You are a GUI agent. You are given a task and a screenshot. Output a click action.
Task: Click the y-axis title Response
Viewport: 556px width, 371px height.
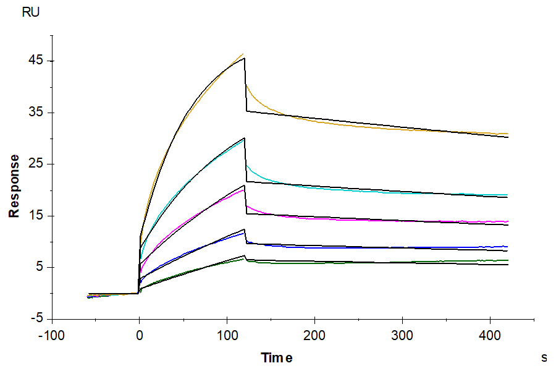(13, 186)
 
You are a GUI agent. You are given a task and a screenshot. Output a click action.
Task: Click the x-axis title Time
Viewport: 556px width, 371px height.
(276, 357)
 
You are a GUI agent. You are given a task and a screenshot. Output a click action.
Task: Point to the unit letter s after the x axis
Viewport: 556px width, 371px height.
(544, 357)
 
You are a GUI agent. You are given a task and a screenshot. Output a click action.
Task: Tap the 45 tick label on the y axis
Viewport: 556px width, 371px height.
(35, 61)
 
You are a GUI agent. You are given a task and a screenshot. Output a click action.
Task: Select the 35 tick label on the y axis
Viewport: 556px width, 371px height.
(35, 113)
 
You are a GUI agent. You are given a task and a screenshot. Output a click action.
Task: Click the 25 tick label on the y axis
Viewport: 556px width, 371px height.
(35, 164)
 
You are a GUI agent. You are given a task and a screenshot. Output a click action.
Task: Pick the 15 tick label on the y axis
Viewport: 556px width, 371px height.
(35, 216)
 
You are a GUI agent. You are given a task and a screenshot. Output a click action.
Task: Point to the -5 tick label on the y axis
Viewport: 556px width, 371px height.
(36, 319)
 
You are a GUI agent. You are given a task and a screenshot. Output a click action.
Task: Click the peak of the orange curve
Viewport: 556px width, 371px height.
(243, 54)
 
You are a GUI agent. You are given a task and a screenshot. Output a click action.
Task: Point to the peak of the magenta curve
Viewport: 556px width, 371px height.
(244, 189)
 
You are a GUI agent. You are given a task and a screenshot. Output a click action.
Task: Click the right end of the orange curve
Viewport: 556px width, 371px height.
(508, 134)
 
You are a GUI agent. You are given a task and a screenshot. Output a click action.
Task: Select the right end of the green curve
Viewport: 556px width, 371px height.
(508, 260)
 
